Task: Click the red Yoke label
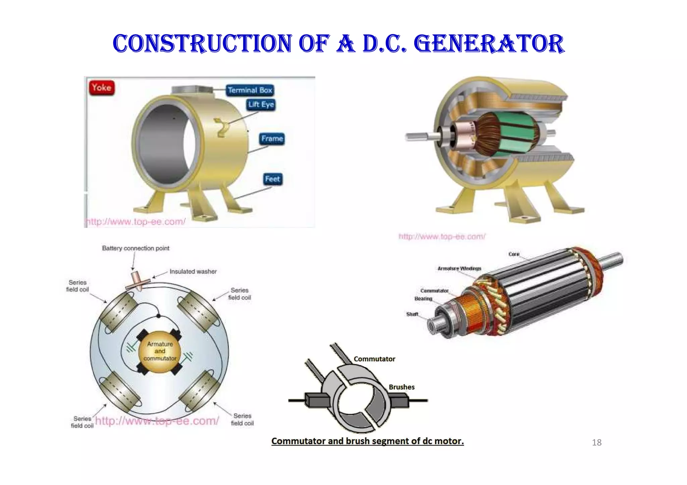pyautogui.click(x=102, y=88)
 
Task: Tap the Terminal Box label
pyautogui.click(x=250, y=90)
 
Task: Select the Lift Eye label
pyautogui.click(x=261, y=105)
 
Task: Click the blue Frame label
pyautogui.click(x=272, y=139)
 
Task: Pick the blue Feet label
pyautogui.click(x=272, y=179)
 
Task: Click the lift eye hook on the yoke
pyautogui.click(x=222, y=128)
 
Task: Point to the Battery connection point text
pyautogui.click(x=136, y=248)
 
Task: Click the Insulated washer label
pyautogui.click(x=193, y=271)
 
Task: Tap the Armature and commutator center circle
pyautogui.click(x=160, y=351)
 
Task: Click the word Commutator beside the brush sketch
pyautogui.click(x=374, y=359)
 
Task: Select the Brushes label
pyautogui.click(x=402, y=387)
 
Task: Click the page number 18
pyautogui.click(x=597, y=443)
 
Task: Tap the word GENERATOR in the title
pyautogui.click(x=489, y=44)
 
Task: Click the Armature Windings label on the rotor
pyautogui.click(x=459, y=268)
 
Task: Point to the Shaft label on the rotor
pyautogui.click(x=412, y=314)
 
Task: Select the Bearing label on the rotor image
pyautogui.click(x=423, y=299)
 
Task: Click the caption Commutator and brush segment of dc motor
pyautogui.click(x=367, y=441)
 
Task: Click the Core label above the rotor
pyautogui.click(x=514, y=254)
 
